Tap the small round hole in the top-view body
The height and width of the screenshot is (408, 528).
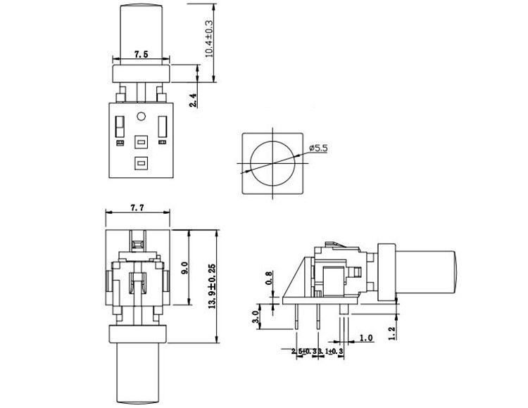click(x=141, y=116)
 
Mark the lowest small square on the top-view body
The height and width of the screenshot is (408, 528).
click(x=141, y=163)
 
